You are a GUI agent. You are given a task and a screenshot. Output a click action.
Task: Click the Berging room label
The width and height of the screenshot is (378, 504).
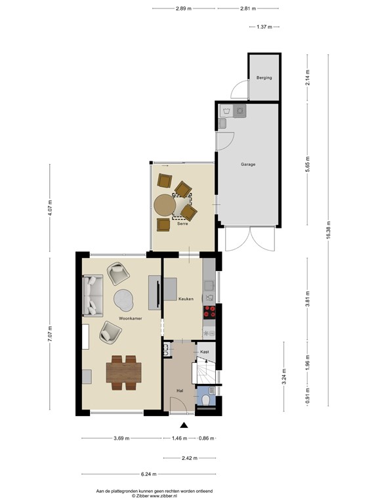pyautogui.click(x=264, y=78)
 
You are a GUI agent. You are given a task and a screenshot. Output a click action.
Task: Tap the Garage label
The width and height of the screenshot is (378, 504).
pyautogui.click(x=247, y=164)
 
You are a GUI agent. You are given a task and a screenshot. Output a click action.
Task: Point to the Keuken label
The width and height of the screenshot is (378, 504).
pyautogui.click(x=186, y=299)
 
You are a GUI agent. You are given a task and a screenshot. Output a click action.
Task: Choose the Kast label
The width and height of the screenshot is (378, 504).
pyautogui.click(x=204, y=352)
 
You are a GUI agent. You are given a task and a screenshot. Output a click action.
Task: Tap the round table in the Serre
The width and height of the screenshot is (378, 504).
pyautogui.click(x=165, y=205)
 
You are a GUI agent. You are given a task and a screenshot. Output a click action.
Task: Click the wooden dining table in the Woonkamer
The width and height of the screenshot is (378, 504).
pyautogui.click(x=123, y=373)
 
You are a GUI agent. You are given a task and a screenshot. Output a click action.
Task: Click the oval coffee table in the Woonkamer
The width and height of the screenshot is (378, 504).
pyautogui.click(x=124, y=299)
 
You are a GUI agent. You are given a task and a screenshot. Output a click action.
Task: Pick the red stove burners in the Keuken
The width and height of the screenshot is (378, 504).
pyautogui.click(x=209, y=312)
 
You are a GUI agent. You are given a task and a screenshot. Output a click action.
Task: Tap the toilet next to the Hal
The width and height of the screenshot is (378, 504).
pyautogui.click(x=205, y=400)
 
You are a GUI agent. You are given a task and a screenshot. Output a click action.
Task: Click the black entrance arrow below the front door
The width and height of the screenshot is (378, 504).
pyautogui.click(x=184, y=425)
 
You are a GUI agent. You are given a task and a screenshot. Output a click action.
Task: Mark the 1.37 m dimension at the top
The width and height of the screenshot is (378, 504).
pyautogui.click(x=264, y=27)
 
